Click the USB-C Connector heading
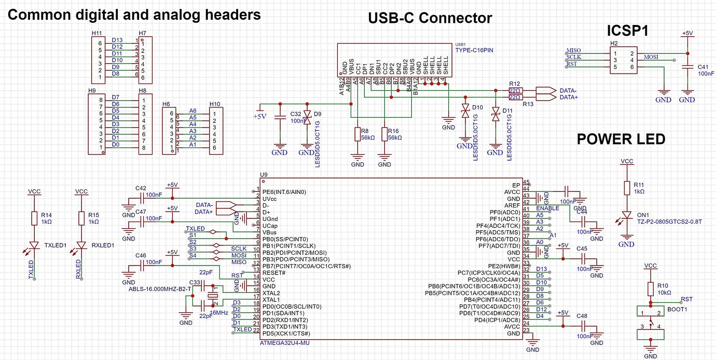click(430, 19)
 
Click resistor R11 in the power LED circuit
click(627, 188)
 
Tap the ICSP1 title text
click(627, 31)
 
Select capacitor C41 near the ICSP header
click(687, 67)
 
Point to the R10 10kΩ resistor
click(651, 289)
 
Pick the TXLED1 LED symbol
click(34, 245)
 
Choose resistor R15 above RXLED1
click(81, 218)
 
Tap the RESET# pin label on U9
click(274, 272)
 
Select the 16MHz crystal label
click(219, 313)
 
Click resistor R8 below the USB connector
click(357, 134)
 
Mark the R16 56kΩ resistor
click(384, 134)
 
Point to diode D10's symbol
click(465, 110)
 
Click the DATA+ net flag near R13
click(568, 98)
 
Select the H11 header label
click(97, 33)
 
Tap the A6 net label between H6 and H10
click(192, 111)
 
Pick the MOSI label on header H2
click(652, 57)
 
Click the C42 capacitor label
click(141, 188)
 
